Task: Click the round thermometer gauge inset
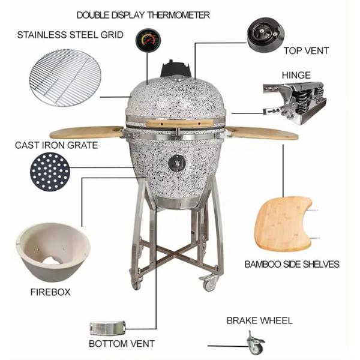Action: tap(148, 40)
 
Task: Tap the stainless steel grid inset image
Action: tap(65, 77)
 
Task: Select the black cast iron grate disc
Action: tap(50, 172)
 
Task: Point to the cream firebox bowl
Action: tap(53, 252)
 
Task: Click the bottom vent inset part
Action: tap(107, 328)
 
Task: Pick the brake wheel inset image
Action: tap(256, 343)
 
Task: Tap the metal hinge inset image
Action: tap(295, 103)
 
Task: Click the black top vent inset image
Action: tap(266, 35)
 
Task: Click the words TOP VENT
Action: tap(306, 51)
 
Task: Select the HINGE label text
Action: tap(296, 75)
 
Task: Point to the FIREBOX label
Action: tap(50, 292)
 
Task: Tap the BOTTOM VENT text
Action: tap(122, 344)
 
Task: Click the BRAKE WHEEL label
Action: tap(259, 320)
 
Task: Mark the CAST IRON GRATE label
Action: tap(56, 145)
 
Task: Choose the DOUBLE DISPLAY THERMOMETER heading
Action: tap(143, 15)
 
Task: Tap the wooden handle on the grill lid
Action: tap(179, 123)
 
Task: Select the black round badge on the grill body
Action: tap(177, 163)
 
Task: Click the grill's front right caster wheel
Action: tap(209, 283)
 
